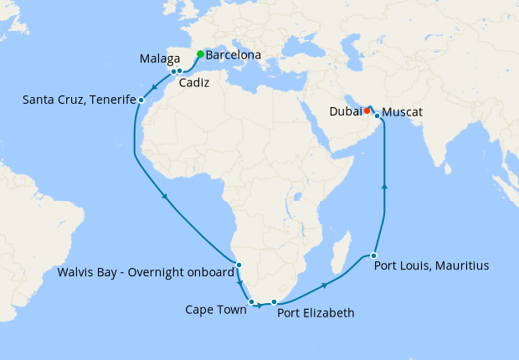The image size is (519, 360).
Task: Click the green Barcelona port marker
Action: [199, 54]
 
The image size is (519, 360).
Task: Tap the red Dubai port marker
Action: [367, 109]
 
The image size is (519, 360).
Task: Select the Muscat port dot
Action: [377, 116]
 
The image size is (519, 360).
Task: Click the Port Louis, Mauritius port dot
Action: [373, 255]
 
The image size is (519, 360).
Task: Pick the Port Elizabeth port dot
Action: [274, 301]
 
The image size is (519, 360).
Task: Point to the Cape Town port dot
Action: [251, 301]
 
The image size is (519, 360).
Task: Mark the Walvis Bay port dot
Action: [239, 265]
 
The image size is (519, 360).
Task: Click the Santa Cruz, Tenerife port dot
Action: [141, 100]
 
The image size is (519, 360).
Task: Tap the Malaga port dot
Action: [173, 72]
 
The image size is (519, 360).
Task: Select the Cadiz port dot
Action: [180, 71]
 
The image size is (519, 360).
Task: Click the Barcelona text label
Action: [234, 56]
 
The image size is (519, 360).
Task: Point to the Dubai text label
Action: [346, 110]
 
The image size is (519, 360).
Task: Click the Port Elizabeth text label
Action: [316, 313]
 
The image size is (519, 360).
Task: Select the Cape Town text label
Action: [216, 310]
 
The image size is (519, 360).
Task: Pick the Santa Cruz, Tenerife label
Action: [80, 100]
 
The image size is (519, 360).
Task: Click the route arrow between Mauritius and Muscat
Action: [384, 188]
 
